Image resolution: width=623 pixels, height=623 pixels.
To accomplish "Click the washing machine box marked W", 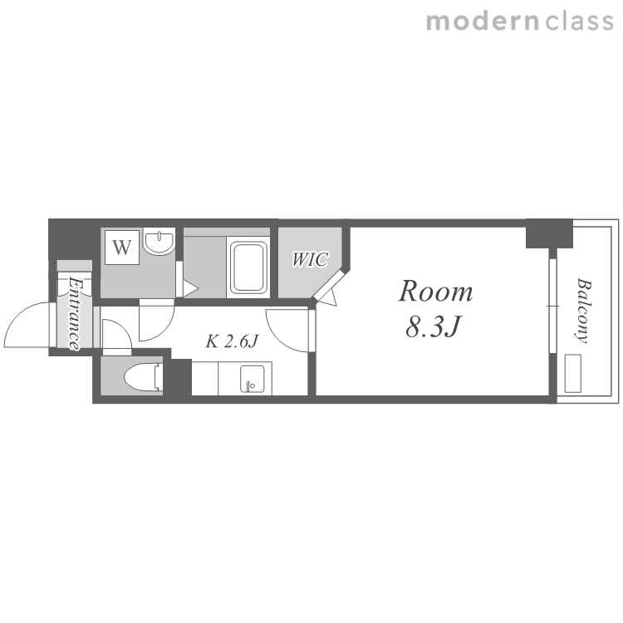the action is pos(122,248).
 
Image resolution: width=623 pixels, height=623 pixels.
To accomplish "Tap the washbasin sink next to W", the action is pos(159,242).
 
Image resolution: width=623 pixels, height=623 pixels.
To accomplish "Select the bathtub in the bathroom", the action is pos(248,267).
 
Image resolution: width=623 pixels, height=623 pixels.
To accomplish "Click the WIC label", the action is pos(310,259).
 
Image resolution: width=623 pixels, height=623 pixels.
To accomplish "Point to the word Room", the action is pos(435,292).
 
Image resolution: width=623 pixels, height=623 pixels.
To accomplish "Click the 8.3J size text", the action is pos(433,327).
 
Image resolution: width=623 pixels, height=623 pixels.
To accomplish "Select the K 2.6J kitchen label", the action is pos(232,341).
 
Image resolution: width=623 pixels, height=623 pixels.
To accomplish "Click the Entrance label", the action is pos(74,313).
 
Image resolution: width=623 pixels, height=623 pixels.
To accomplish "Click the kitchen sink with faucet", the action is pos(253,379).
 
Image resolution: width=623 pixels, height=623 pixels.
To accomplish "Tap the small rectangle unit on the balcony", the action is pos(572,374).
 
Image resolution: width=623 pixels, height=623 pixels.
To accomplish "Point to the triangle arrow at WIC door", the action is pos(328,297).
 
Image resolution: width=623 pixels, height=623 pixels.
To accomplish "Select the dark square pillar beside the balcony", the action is pos(550,234).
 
